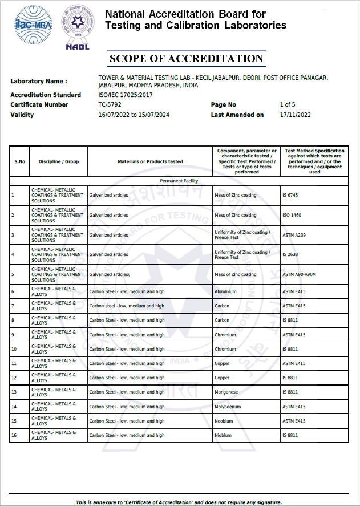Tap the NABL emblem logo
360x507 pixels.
click(x=78, y=27)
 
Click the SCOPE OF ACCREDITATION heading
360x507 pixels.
click(x=186, y=59)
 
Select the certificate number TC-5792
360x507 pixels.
click(x=110, y=105)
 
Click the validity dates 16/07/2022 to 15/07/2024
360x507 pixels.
click(x=134, y=115)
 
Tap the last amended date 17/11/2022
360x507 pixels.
click(x=295, y=115)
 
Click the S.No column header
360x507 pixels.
click(x=19, y=162)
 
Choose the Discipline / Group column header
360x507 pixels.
click(x=59, y=162)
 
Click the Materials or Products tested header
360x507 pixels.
click(x=150, y=162)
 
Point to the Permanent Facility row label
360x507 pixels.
click(x=179, y=181)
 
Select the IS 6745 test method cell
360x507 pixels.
click(x=290, y=196)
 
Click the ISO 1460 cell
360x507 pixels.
click(x=292, y=216)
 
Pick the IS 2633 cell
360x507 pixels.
click(x=290, y=255)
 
